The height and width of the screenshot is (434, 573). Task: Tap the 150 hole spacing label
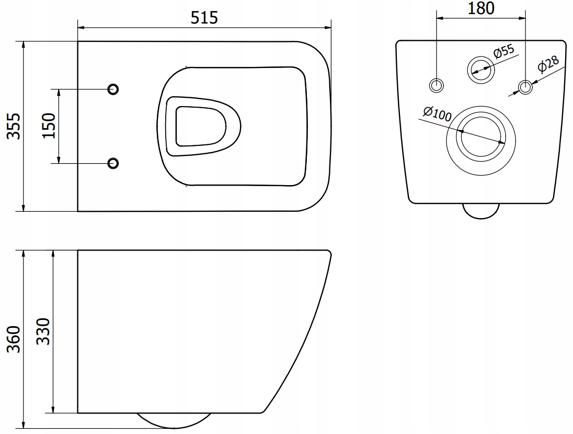48,126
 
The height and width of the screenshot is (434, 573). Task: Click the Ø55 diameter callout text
504,53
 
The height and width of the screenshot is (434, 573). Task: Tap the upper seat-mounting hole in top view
113,89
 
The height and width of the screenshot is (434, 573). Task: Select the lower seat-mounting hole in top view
113,163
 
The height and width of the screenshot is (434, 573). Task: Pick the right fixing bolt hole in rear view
525,86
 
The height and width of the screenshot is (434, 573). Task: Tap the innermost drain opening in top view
201,126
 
